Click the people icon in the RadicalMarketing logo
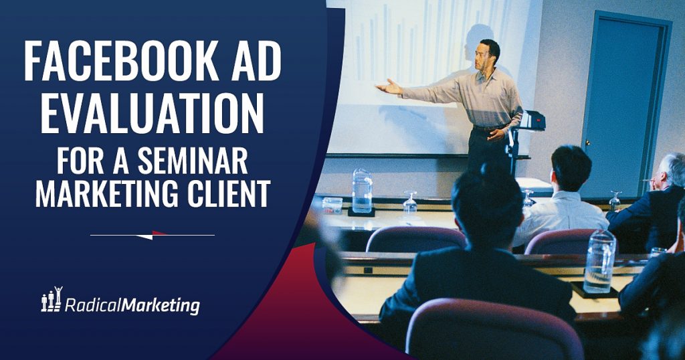(52, 300)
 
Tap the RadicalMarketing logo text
(132, 306)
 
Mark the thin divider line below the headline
(153, 235)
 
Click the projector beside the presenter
(532, 121)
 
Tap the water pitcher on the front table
(362, 191)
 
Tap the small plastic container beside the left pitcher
(332, 205)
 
